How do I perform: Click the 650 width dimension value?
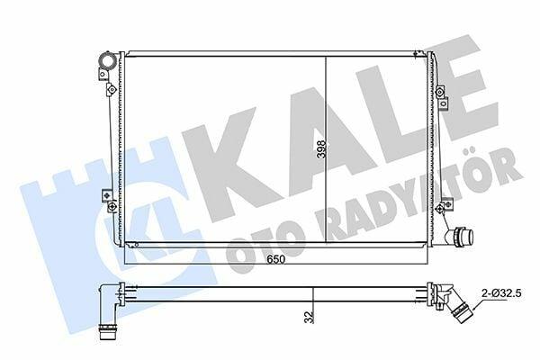(276, 259)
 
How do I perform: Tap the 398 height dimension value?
(321, 148)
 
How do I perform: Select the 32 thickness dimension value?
(309, 317)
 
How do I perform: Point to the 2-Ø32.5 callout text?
(501, 293)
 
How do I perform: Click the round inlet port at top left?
(107, 60)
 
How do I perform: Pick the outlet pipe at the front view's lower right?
(459, 237)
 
